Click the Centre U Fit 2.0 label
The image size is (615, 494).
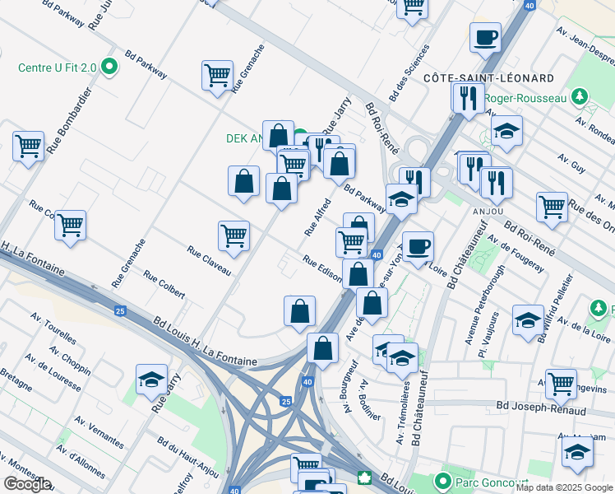pyautogui.click(x=58, y=67)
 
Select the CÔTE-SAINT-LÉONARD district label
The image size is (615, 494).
pyautogui.click(x=488, y=77)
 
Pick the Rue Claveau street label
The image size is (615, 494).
pyautogui.click(x=209, y=261)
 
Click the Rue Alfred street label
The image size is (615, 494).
pyautogui.click(x=317, y=217)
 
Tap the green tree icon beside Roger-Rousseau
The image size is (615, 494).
pyautogui.click(x=580, y=98)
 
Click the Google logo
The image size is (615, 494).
pyautogui.click(x=27, y=483)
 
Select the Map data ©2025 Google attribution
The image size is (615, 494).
pyautogui.click(x=564, y=487)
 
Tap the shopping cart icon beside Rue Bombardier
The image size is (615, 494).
pyautogui.click(x=28, y=147)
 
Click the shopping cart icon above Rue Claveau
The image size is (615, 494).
pyautogui.click(x=234, y=235)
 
